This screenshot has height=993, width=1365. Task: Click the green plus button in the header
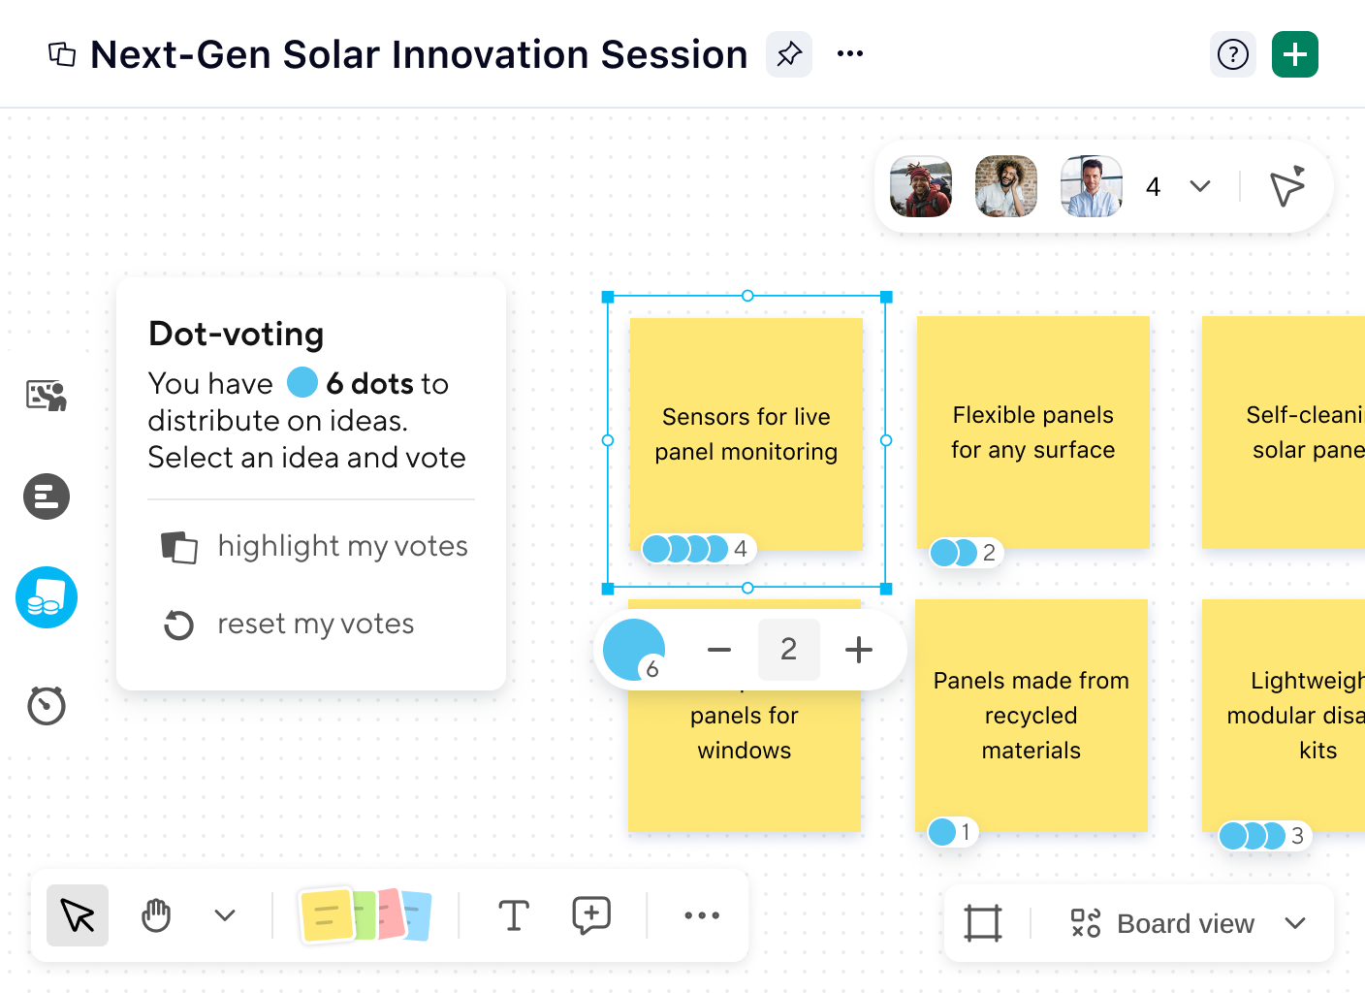pyautogui.click(x=1294, y=54)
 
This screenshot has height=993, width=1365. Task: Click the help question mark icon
pyautogui.click(x=1232, y=54)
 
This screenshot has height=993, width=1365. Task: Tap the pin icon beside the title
pyautogui.click(x=789, y=54)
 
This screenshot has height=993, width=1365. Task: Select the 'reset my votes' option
pyautogui.click(x=314, y=625)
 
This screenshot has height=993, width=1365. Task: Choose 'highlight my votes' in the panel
pyautogui.click(x=341, y=547)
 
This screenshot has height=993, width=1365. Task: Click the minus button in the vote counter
pyautogui.click(x=719, y=650)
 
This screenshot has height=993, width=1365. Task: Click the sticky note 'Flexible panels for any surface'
pyautogui.click(x=1032, y=432)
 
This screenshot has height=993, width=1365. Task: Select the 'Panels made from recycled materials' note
pyautogui.click(x=1031, y=716)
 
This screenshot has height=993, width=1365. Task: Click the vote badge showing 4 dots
pyautogui.click(x=698, y=549)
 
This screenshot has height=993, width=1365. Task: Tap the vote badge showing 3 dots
pyautogui.click(x=1264, y=836)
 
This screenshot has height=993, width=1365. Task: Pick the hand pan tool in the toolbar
pyautogui.click(x=156, y=915)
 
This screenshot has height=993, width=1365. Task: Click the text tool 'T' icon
pyautogui.click(x=513, y=915)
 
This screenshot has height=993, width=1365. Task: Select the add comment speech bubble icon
pyautogui.click(x=591, y=915)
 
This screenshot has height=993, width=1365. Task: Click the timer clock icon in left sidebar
pyautogui.click(x=47, y=705)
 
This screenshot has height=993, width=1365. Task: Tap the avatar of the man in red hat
pyautogui.click(x=921, y=186)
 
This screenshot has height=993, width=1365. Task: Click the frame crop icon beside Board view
pyautogui.click(x=982, y=923)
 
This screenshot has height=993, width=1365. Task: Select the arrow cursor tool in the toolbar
pyautogui.click(x=78, y=915)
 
